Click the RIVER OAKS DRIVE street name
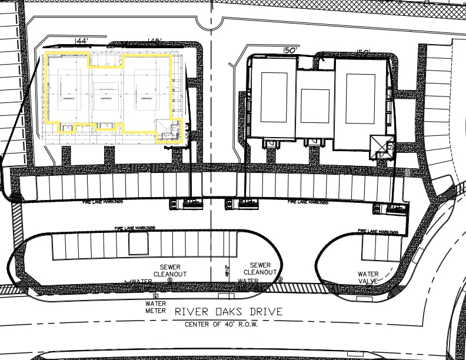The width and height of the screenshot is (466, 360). coord(228,312)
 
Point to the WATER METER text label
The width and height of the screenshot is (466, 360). coord(156,307)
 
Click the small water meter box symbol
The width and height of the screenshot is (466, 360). coord(155,296)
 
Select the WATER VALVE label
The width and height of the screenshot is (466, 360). coord(368,278)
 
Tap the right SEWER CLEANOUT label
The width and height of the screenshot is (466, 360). coord(260,269)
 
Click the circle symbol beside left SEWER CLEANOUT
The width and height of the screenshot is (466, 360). coord(169,281)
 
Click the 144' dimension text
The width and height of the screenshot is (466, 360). coord(82,41)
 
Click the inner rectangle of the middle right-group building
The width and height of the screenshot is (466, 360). coord(315,106)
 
